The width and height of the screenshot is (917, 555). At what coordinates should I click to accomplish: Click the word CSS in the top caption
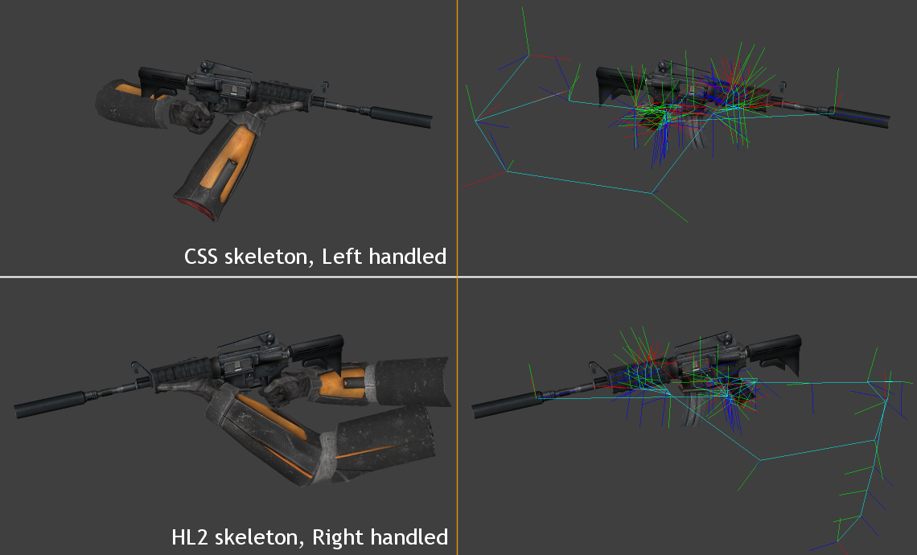click(201, 257)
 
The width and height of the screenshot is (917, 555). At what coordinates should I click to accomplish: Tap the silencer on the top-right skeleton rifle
click(861, 117)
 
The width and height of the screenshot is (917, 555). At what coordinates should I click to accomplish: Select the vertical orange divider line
click(457, 402)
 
